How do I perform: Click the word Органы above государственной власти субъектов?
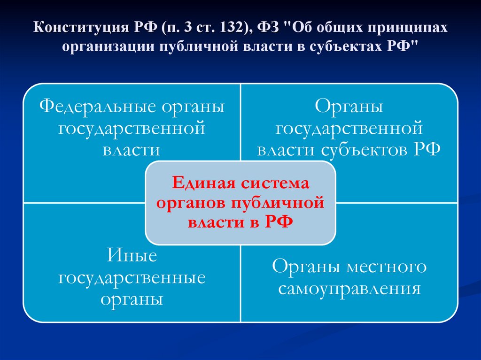click(349, 106)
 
